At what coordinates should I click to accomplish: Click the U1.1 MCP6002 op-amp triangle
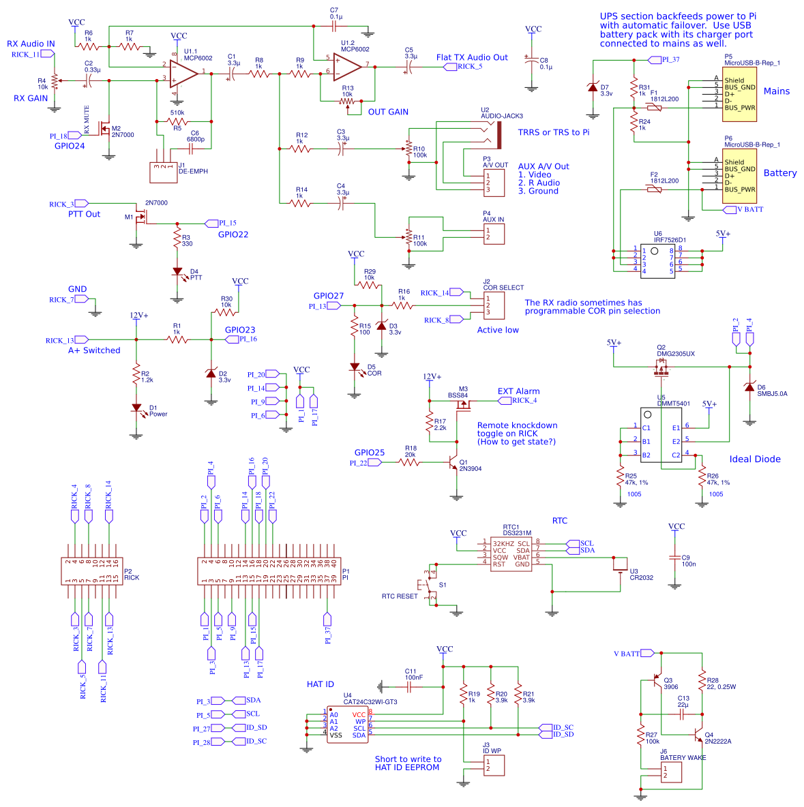182,72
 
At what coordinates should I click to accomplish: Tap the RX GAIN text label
31,98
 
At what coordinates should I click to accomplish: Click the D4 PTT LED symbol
177,272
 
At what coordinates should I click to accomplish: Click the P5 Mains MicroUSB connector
739,94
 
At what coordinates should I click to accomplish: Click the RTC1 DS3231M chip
511,553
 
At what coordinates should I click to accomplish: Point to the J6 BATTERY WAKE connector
671,772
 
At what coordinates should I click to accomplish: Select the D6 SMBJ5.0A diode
750,388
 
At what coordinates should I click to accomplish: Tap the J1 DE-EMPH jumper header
162,171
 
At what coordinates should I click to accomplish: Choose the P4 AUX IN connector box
494,234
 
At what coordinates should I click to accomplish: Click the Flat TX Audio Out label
472,57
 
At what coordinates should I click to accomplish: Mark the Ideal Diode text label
755,459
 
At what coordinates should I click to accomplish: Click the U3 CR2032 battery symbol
620,566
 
